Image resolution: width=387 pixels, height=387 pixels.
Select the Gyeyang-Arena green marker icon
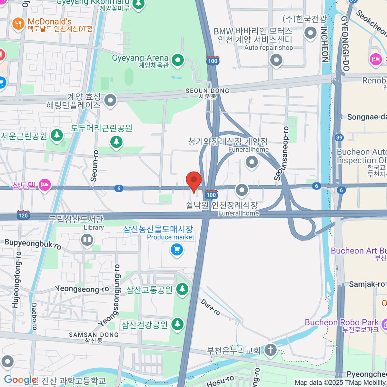177,60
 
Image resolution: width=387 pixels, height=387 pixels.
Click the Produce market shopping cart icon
176,250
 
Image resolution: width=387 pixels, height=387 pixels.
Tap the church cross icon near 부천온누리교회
270,350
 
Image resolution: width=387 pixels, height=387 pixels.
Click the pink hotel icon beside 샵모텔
45,185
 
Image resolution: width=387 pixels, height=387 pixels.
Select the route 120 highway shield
23,215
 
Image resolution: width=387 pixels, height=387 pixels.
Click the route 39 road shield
339,138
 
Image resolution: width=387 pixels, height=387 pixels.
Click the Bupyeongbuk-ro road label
33,244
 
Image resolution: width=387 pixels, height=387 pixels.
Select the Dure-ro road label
210,307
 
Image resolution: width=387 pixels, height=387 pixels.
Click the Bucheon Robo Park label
342,322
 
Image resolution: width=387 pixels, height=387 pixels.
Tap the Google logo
20,380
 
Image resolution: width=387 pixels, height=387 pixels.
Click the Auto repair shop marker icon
276,60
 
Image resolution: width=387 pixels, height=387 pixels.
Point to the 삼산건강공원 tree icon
177,324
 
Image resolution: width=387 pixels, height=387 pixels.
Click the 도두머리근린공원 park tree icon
116,141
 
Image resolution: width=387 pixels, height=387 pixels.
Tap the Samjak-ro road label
367,284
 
